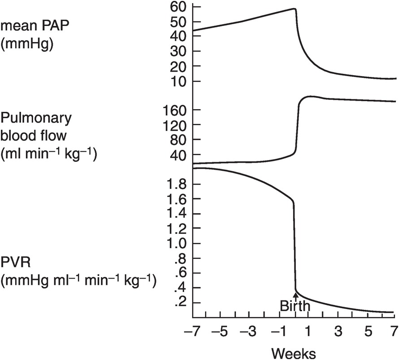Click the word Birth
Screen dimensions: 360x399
(294, 306)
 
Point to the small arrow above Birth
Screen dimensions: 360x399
(295, 294)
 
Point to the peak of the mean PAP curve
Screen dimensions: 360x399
(294, 8)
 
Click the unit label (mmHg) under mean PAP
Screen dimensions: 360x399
(27, 45)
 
